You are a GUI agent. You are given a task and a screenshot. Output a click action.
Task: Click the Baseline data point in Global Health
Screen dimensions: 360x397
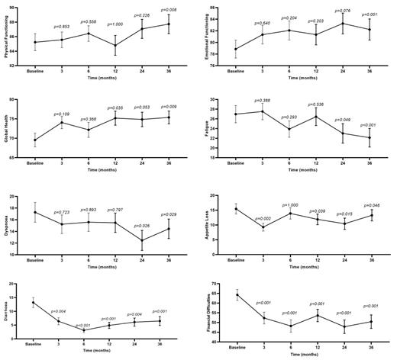[x=35, y=140]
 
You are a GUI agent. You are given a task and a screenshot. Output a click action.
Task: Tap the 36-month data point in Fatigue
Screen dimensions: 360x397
[x=369, y=138]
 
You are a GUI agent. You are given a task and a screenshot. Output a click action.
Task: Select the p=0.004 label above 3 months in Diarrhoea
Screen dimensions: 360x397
[x=58, y=311]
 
